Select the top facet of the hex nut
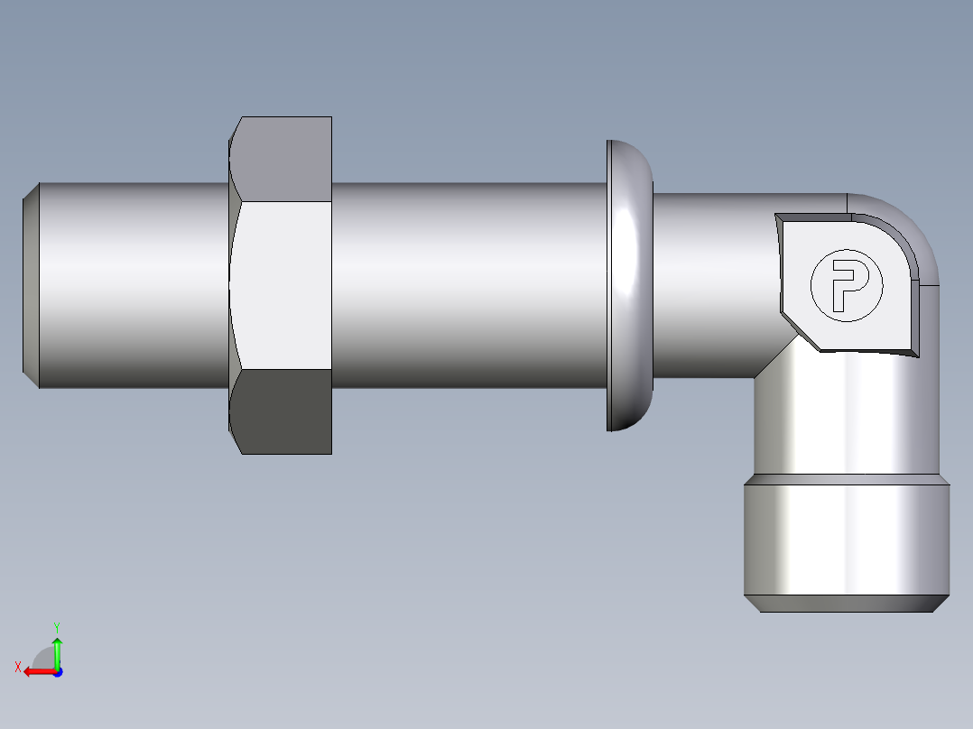[x=282, y=158]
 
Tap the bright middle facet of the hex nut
[x=282, y=284]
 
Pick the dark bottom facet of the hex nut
[x=282, y=411]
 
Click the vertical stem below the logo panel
[x=844, y=415]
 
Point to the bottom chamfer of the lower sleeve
[x=846, y=604]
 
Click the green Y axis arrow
[x=57, y=649]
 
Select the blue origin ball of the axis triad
[x=57, y=671]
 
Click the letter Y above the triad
[x=56, y=626]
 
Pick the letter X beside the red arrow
[x=17, y=668]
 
